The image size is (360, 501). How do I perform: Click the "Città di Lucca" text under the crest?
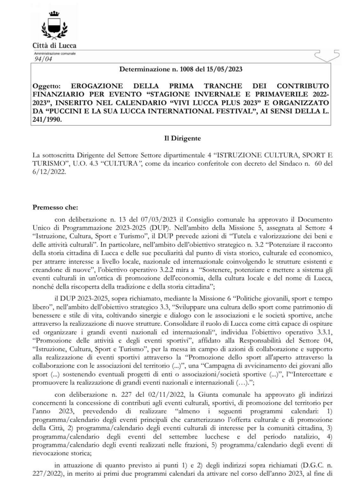pyautogui.click(x=54, y=45)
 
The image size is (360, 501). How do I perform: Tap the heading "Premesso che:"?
pyautogui.click(x=55, y=207)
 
